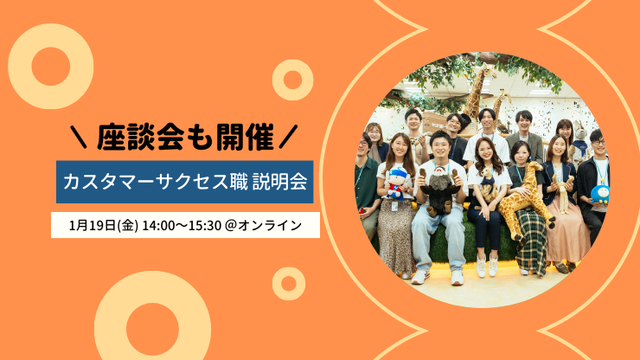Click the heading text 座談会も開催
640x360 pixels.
(185, 138)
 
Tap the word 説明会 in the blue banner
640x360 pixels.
(279, 182)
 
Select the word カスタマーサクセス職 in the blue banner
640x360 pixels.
(155, 182)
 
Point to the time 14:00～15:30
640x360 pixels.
(182, 225)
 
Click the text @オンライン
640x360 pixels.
(263, 225)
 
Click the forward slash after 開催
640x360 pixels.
(288, 137)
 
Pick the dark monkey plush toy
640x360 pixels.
(440, 191)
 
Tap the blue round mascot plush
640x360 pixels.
(600, 193)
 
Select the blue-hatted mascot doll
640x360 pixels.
(396, 183)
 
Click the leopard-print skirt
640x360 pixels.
(395, 237)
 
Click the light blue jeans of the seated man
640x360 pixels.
(438, 239)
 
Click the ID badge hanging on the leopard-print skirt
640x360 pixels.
(394, 206)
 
